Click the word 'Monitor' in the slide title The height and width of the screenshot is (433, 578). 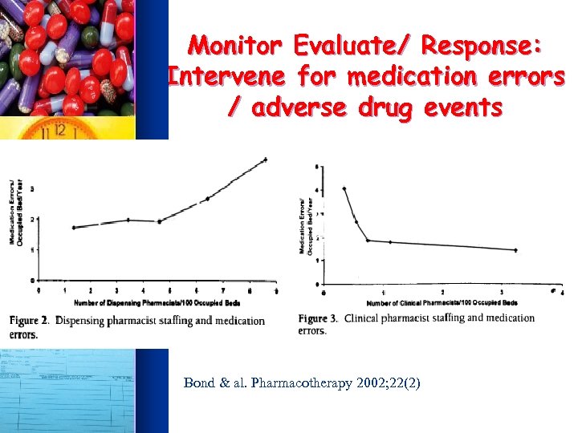(239, 44)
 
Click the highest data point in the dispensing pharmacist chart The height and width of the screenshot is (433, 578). (265, 160)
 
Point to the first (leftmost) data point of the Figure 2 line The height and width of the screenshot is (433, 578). (73, 228)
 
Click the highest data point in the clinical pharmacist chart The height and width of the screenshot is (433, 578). (344, 188)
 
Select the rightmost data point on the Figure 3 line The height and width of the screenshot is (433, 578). (515, 250)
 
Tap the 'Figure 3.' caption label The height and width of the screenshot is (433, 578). (320, 318)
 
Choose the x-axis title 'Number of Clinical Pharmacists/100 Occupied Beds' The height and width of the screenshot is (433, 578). (442, 303)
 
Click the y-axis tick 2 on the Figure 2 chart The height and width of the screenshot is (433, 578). (32, 219)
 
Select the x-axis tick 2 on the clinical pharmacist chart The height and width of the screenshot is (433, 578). (443, 292)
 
